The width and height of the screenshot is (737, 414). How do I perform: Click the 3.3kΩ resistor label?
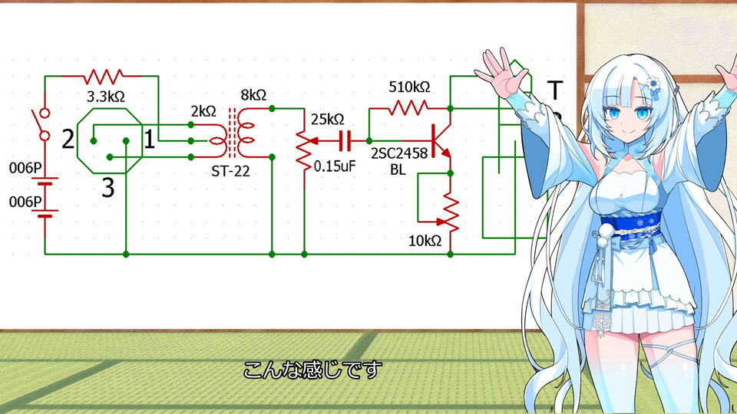[x=105, y=98]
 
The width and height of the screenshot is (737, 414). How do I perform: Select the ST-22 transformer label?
[x=230, y=170]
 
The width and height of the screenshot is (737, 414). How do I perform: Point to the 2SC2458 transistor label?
[x=399, y=153]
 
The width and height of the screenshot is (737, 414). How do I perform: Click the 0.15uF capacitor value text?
[x=335, y=164]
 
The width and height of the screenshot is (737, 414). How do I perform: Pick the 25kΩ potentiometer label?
[x=328, y=120]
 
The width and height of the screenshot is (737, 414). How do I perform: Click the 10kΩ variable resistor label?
[x=425, y=241]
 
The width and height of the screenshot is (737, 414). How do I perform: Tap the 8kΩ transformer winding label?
[x=253, y=96]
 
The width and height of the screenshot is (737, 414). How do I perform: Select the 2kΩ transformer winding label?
[x=203, y=111]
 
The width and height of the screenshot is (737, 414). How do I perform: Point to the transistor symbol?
[x=440, y=141]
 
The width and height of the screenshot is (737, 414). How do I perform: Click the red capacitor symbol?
[x=345, y=141]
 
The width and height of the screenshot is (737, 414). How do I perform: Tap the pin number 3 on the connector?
[x=108, y=187]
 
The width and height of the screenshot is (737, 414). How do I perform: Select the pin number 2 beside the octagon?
[x=68, y=139]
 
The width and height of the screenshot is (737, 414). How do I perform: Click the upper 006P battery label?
[x=25, y=167]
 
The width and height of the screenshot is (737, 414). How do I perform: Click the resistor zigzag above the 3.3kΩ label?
[x=104, y=77]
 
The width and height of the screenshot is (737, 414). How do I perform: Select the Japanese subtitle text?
[x=312, y=370]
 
